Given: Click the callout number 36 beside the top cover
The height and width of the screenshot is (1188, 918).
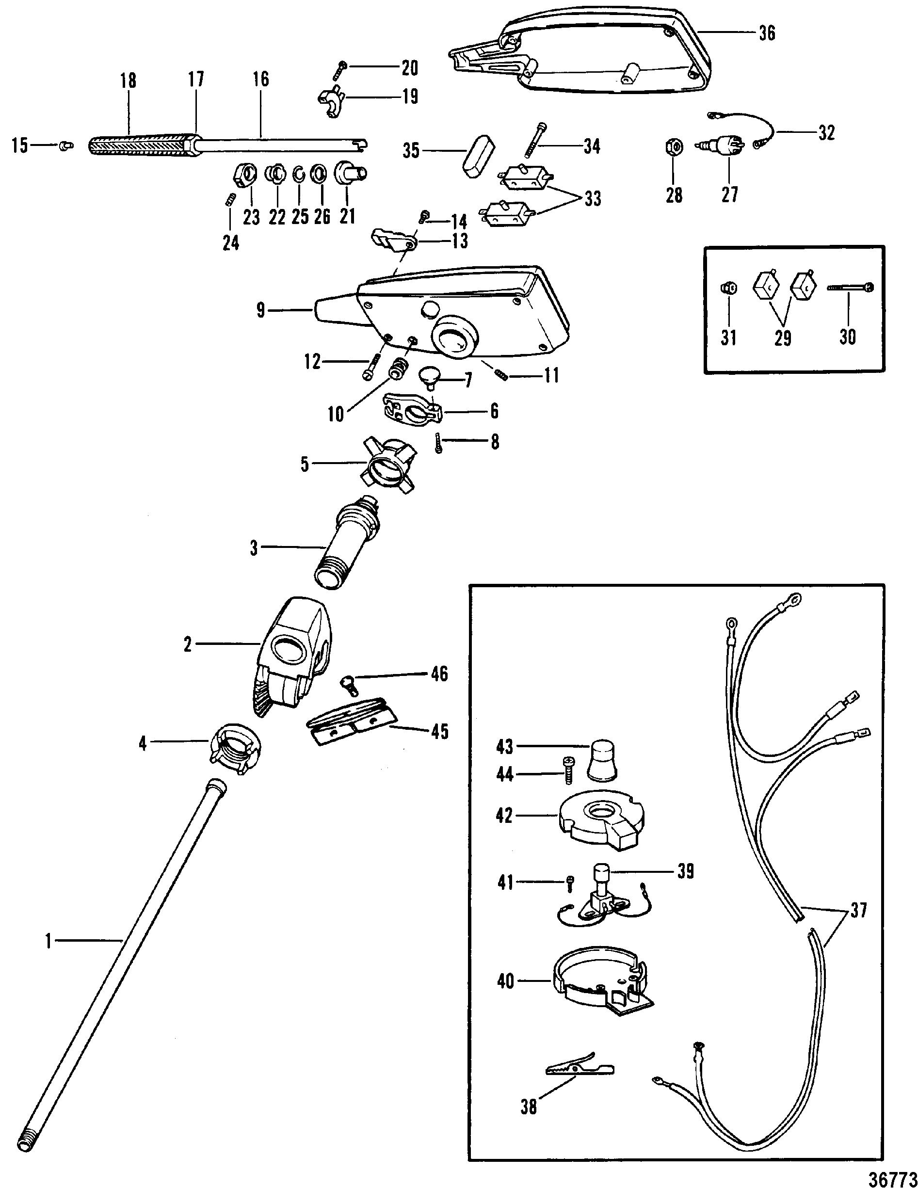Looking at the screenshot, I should (x=766, y=34).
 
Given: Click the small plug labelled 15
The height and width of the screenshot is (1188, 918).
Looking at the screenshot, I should (x=66, y=146).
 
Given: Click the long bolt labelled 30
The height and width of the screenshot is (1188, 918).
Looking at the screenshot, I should (x=849, y=287).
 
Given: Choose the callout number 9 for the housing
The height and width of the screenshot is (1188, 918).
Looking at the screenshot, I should (x=260, y=311).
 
